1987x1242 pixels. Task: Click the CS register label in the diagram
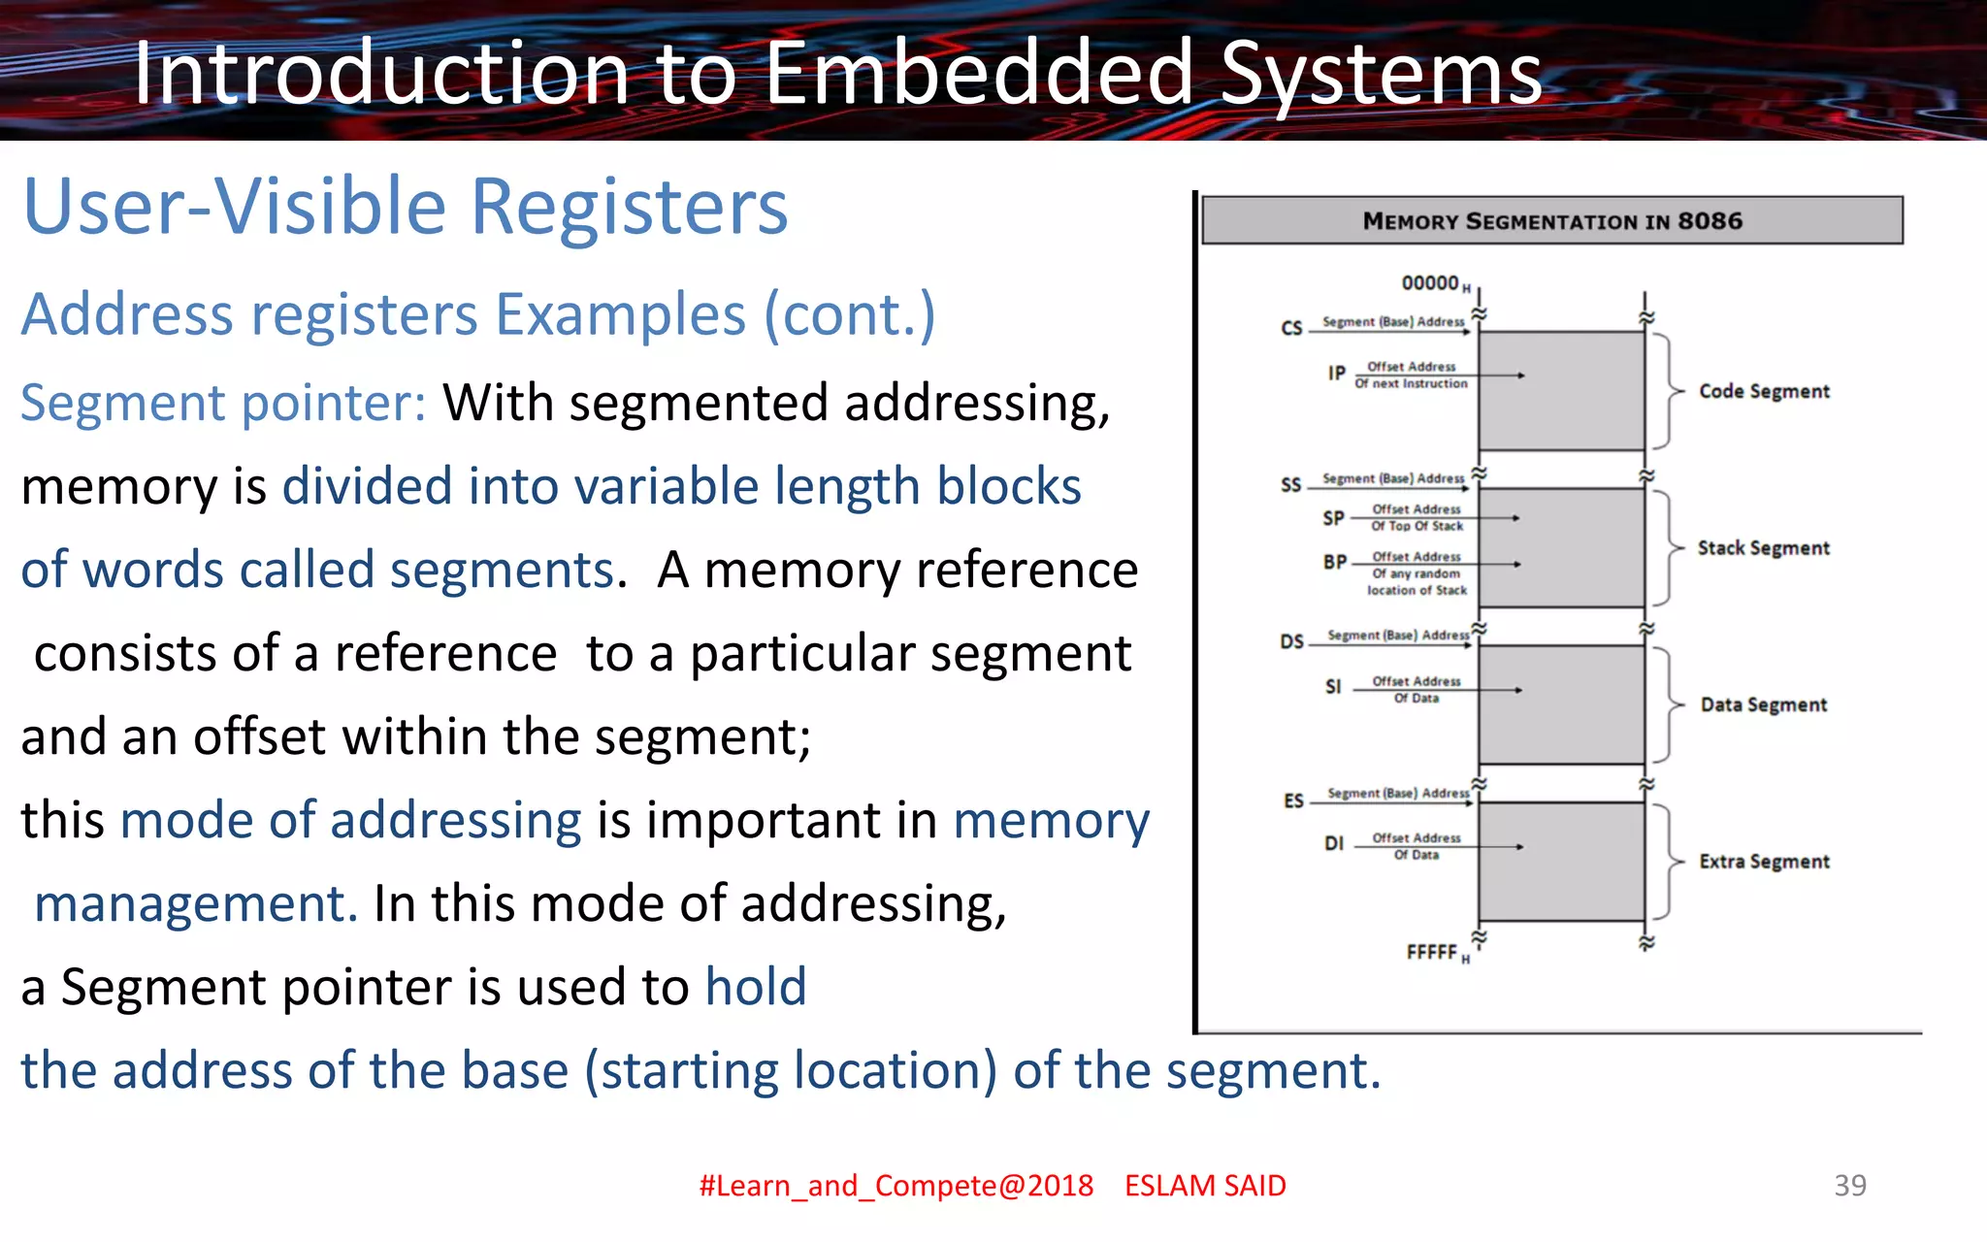click(x=1291, y=328)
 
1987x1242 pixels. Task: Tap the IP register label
click(x=1337, y=374)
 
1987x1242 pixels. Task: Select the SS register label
click(x=1290, y=484)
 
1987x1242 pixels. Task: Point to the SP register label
click(x=1334, y=518)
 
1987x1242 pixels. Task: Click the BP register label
click(x=1335, y=562)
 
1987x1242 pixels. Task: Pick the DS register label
click(x=1291, y=641)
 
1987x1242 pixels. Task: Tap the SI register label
click(x=1333, y=687)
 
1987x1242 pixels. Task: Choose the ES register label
click(x=1293, y=801)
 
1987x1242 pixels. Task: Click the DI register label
click(x=1334, y=843)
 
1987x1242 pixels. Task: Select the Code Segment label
click(x=1764, y=391)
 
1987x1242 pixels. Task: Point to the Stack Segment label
click(x=1763, y=548)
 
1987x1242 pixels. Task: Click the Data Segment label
click(x=1763, y=704)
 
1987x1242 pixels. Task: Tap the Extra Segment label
click(x=1764, y=862)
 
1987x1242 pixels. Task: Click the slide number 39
click(x=1849, y=1185)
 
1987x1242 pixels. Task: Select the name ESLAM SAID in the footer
click(x=1205, y=1186)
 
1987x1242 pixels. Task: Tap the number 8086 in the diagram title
click(x=1710, y=221)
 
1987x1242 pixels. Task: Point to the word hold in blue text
click(x=756, y=987)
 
